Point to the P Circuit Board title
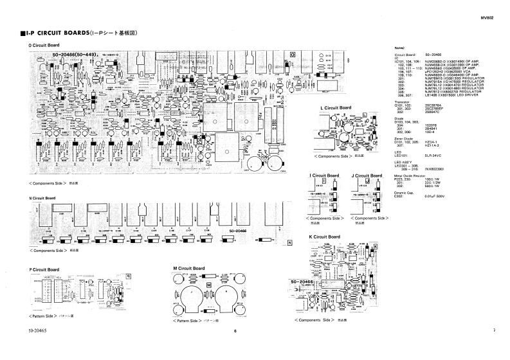pyautogui.click(x=44, y=269)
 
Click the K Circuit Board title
pyautogui.click(x=323, y=237)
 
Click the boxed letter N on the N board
pyautogui.click(x=290, y=242)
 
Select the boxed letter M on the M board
pyautogui.click(x=208, y=284)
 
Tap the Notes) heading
pyautogui.click(x=399, y=49)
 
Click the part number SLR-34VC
pyautogui.click(x=433, y=155)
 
